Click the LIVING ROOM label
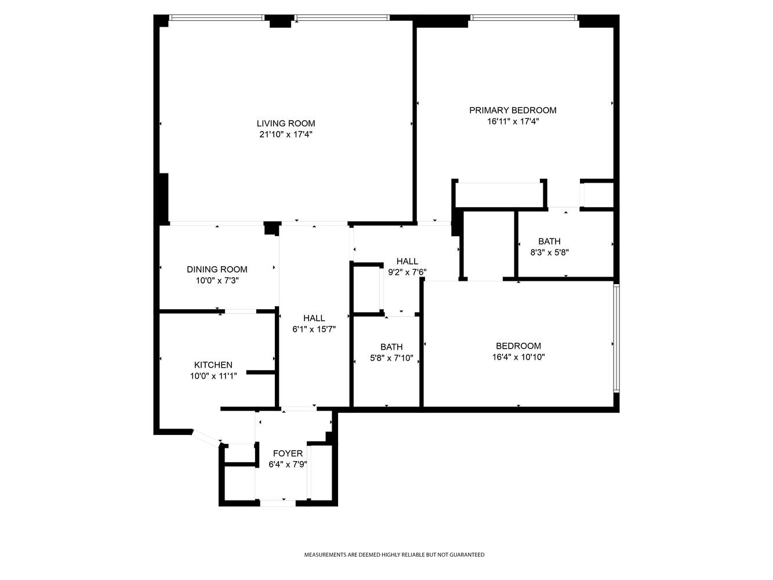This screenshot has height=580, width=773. click(x=286, y=124)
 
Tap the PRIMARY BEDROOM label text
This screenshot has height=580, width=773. click(x=513, y=110)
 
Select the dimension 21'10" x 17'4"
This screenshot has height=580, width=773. click(x=286, y=135)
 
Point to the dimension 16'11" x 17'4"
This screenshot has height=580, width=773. click(x=513, y=122)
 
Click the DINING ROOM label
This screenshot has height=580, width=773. click(x=217, y=269)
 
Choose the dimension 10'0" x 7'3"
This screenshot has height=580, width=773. click(x=217, y=281)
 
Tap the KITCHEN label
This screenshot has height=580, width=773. click(x=213, y=365)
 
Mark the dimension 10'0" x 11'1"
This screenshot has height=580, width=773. click(x=213, y=376)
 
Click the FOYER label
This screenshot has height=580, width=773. click(x=288, y=453)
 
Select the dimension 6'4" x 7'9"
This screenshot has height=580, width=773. click(x=288, y=464)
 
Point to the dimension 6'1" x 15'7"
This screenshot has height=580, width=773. click(x=314, y=329)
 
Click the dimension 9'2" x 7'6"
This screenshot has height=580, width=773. click(x=407, y=271)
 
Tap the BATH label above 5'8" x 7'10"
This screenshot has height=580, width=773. click(x=391, y=347)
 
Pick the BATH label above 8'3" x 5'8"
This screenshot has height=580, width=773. click(x=549, y=241)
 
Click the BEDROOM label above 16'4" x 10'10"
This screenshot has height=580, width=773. click(x=518, y=346)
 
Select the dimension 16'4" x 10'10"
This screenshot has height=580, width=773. click(x=518, y=357)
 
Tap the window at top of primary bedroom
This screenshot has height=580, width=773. click(x=524, y=18)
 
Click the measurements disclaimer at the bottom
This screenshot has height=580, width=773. click(x=394, y=555)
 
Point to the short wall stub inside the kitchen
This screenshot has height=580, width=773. click(x=260, y=372)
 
